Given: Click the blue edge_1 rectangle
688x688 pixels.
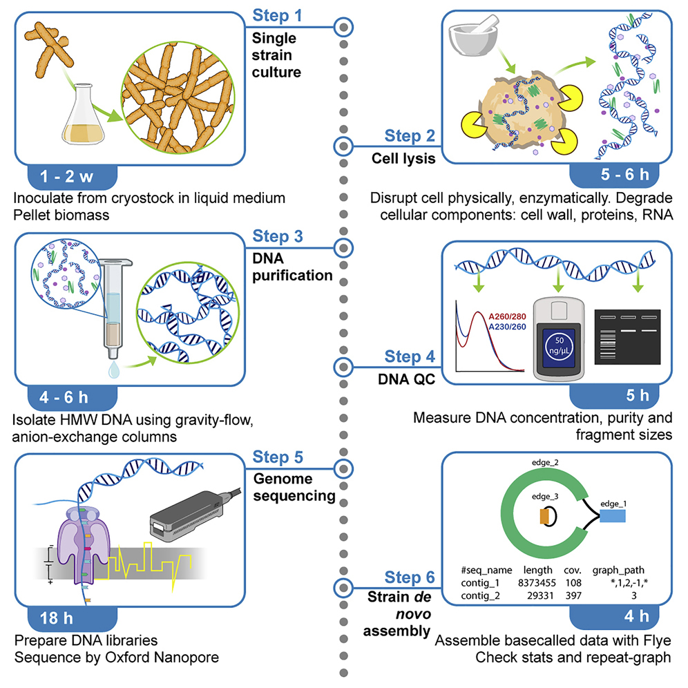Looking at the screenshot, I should pos(613,515).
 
